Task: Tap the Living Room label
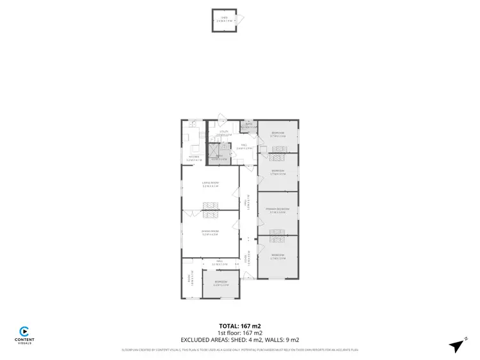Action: click(211, 185)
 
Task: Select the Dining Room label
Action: click(210, 233)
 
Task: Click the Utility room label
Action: click(224, 134)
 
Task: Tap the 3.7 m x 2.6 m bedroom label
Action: click(278, 135)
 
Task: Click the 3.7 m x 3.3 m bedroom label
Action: click(278, 172)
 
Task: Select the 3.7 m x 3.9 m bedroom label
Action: click(278, 257)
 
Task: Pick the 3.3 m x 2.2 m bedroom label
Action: click(221, 283)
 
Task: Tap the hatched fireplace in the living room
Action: click(211, 205)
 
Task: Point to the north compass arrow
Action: click(456, 346)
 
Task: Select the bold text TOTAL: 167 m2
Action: click(239, 325)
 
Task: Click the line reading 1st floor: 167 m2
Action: click(239, 333)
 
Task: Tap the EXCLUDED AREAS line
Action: click(239, 340)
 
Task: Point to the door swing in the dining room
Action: click(236, 225)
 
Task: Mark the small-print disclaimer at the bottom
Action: click(239, 350)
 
